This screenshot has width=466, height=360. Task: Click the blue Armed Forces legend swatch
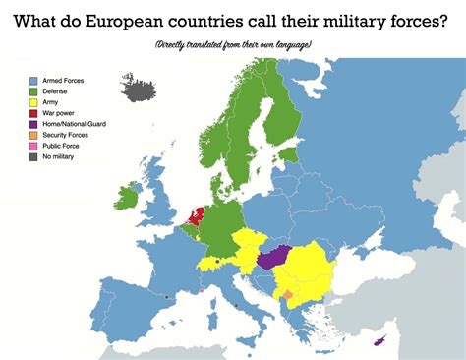pyautogui.click(x=32, y=82)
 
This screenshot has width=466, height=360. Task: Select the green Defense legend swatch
pyautogui.click(x=32, y=92)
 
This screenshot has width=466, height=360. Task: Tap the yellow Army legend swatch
pyautogui.click(x=32, y=103)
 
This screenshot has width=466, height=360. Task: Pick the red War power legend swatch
pyautogui.click(x=32, y=114)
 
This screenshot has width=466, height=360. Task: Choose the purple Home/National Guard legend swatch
pyautogui.click(x=32, y=124)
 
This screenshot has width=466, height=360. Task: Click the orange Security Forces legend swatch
pyautogui.click(x=32, y=135)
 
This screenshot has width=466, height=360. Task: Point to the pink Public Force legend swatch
pyautogui.click(x=32, y=146)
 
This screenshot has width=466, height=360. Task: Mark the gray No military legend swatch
pyautogui.click(x=32, y=156)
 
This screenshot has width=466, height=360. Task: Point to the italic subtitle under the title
pyautogui.click(x=233, y=45)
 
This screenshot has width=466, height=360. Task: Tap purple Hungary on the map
pyautogui.click(x=274, y=258)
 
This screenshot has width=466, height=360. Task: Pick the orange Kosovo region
pyautogui.click(x=287, y=294)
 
